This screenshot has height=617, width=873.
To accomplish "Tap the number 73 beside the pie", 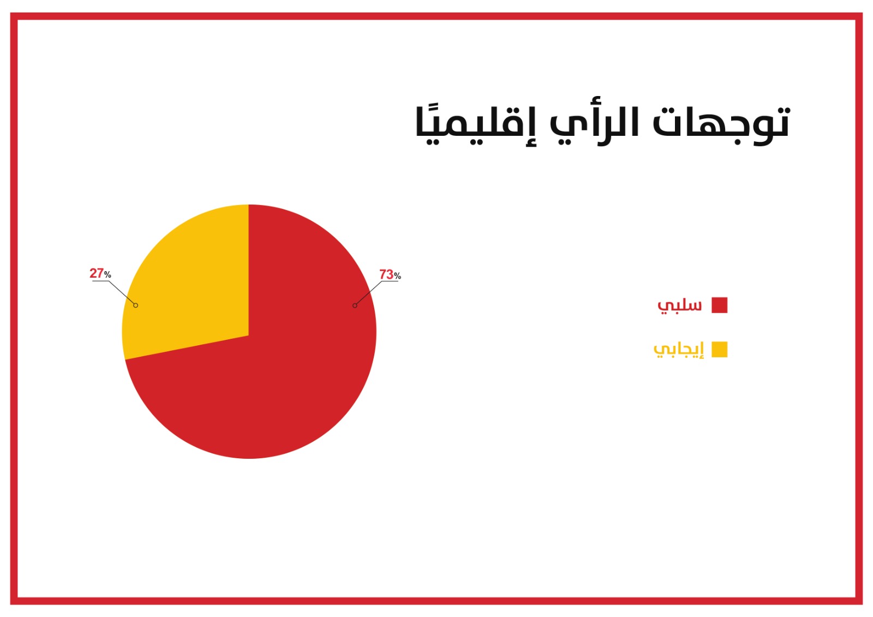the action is point(386,274).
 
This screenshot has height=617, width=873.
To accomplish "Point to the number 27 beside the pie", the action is point(97,273).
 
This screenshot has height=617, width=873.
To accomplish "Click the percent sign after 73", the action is point(397,276).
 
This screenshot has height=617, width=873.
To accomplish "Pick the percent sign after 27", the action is point(107,275).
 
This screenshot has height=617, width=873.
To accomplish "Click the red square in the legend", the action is point(720,305).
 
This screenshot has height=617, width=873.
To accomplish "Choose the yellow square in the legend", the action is point(720,349).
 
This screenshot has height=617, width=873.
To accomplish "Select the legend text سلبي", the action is point(680,305).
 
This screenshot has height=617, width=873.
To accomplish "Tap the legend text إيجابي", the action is point(679,350).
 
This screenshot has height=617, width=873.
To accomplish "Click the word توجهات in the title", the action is point(721,125).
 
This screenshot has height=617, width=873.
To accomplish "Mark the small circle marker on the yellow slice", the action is point(136,305).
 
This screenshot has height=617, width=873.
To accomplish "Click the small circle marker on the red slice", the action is point(355,305).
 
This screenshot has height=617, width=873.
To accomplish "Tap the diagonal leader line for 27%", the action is point(122,293).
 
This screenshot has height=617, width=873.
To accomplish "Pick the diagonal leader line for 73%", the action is point(368,293).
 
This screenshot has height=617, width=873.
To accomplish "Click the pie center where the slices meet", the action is point(249,335).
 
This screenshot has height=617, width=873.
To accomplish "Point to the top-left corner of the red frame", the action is point(10,13).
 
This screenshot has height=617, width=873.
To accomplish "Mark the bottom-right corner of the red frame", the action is point(863,604).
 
